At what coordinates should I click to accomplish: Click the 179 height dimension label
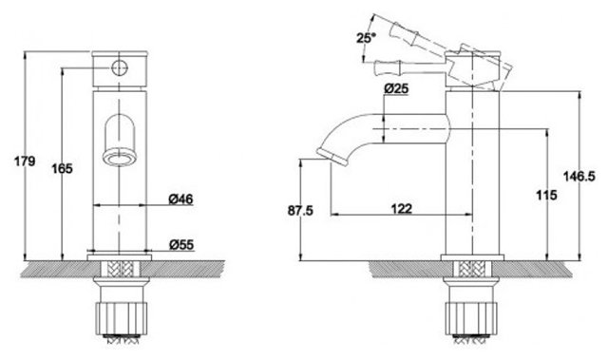[x=25, y=161]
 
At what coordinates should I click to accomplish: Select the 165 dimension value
[x=62, y=168]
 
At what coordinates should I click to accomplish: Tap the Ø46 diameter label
[x=180, y=199]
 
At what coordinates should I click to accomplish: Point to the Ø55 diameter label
[x=181, y=244]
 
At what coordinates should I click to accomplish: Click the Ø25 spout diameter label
[x=396, y=88]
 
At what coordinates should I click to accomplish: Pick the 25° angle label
[x=366, y=38]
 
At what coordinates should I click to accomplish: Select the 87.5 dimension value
[x=300, y=211]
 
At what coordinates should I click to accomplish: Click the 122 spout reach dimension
[x=402, y=208]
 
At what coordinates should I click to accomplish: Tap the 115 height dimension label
[x=547, y=195]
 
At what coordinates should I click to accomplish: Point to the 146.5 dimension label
[x=579, y=177]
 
